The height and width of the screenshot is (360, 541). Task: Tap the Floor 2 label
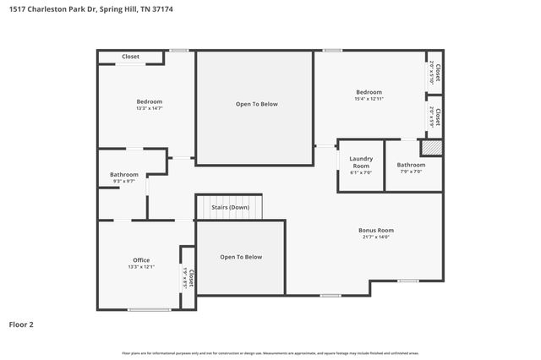(22, 324)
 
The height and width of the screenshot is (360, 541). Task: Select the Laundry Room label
(361, 162)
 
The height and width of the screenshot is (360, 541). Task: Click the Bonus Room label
(376, 230)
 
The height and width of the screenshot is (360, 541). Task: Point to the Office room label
(140, 259)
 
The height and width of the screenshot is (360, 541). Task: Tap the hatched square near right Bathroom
(432, 147)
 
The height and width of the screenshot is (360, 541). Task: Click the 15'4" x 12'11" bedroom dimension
(369, 99)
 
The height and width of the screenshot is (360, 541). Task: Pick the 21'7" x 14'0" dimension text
(376, 237)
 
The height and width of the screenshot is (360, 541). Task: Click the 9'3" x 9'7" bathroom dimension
(123, 181)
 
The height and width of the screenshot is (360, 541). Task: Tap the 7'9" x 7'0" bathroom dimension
(412, 172)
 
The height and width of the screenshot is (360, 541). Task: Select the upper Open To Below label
(256, 104)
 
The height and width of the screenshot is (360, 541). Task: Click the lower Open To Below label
(241, 257)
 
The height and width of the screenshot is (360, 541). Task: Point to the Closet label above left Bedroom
(130, 57)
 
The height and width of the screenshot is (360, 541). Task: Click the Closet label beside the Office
(192, 278)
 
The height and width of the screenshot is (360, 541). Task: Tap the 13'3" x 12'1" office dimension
(140, 267)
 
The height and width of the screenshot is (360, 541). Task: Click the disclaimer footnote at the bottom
(270, 352)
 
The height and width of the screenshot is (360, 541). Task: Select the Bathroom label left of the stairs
(123, 174)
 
